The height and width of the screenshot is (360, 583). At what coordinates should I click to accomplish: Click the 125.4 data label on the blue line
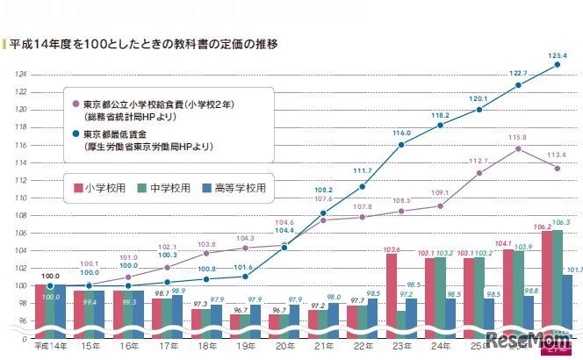pyautogui.click(x=557, y=54)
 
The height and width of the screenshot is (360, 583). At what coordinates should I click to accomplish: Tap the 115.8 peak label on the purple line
pyautogui.click(x=517, y=138)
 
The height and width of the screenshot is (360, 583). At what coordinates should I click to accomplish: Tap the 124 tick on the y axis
pyautogui.click(x=20, y=75)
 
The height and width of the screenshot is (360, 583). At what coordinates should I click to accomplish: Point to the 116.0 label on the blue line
pyautogui.click(x=402, y=132)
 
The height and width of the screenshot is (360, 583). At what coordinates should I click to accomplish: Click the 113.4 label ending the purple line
pyautogui.click(x=556, y=155)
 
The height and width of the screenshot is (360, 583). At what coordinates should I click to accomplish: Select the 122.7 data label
pyautogui.click(x=517, y=73)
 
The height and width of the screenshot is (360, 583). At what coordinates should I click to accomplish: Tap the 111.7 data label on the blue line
pyautogui.click(x=362, y=169)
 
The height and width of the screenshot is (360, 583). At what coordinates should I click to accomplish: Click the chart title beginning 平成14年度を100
pyautogui.click(x=144, y=44)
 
